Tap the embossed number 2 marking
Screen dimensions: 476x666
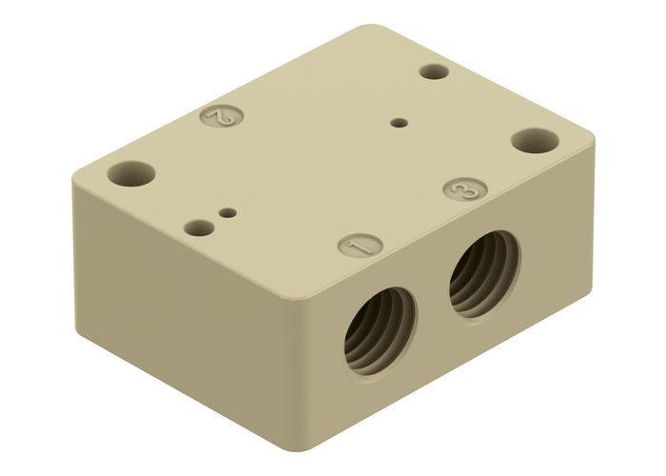(x=223, y=118)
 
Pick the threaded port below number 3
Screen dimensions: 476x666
(x=484, y=271)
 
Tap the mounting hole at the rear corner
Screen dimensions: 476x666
(x=434, y=71)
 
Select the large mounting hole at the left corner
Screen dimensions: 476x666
(x=130, y=173)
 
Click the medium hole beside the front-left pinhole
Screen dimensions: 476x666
(x=198, y=228)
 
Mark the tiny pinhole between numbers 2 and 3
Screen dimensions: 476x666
(x=400, y=122)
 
